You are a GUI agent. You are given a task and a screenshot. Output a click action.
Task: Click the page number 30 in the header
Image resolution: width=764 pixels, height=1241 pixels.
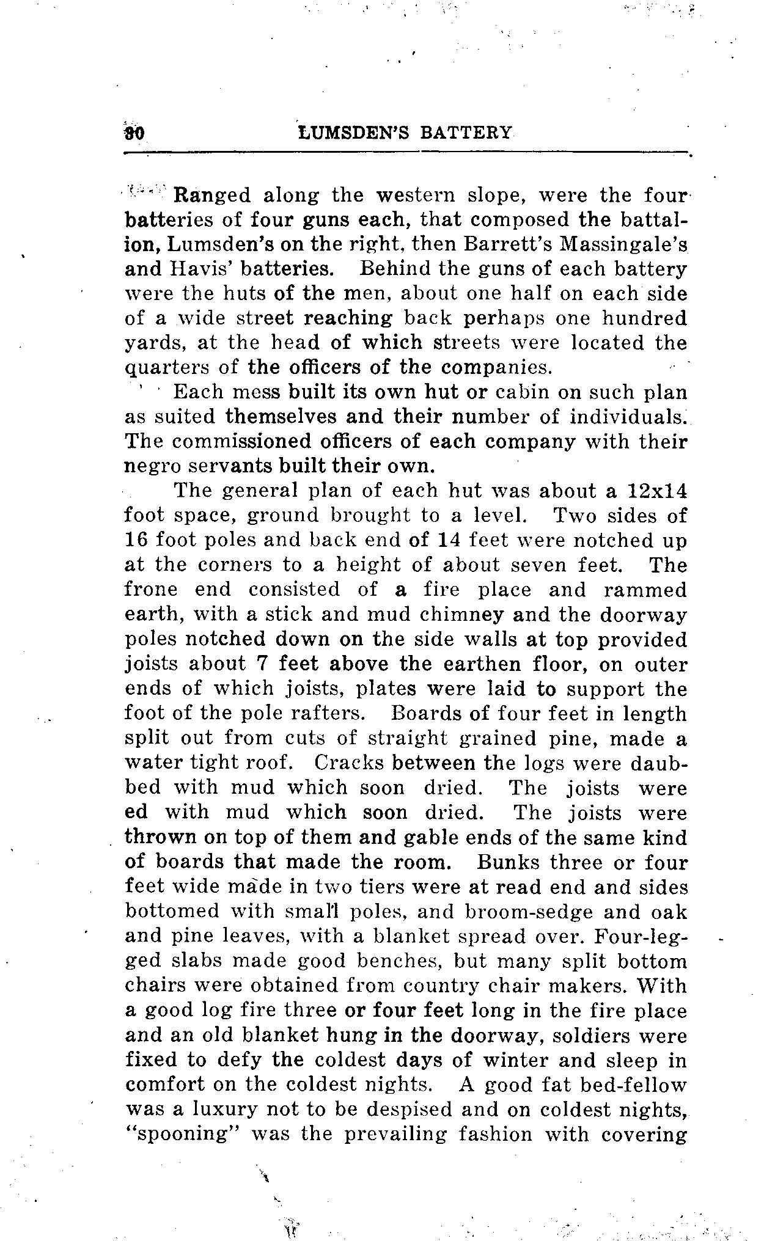[x=134, y=133]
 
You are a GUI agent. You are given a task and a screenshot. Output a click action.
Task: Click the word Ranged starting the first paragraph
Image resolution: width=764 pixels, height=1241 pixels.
[x=212, y=196]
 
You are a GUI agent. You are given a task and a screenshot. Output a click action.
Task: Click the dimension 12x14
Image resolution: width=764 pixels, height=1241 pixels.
[x=657, y=491]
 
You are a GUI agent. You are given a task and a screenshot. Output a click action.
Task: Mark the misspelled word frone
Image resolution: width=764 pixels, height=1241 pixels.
[x=151, y=590]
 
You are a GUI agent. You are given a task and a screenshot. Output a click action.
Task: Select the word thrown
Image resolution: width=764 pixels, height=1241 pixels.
[x=161, y=837]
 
